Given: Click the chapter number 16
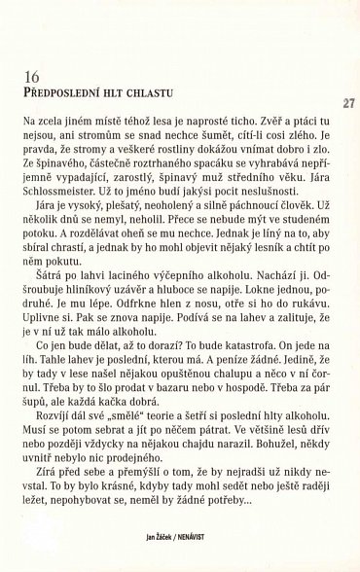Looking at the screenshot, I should coord(27,75).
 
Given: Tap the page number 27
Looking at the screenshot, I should coord(345,104).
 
